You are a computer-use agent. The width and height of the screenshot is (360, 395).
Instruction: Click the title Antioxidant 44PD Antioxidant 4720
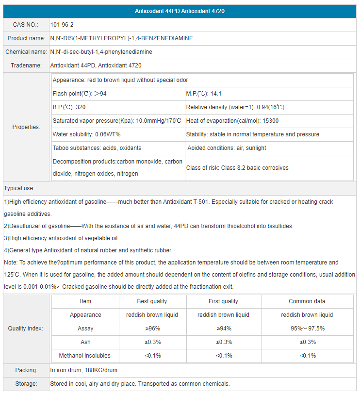point(180,11)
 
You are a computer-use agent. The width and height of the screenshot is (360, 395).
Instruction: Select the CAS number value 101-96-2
point(62,25)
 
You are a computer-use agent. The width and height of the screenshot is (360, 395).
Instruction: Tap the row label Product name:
point(26,38)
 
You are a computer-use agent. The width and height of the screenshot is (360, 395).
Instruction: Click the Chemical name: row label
point(26,52)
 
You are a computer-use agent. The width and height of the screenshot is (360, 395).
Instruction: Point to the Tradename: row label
point(26,66)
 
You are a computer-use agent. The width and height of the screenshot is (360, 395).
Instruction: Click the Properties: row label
point(26,127)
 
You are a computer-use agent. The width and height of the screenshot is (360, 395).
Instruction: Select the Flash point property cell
point(80,94)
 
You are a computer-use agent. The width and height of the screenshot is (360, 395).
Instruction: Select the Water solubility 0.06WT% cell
point(86,134)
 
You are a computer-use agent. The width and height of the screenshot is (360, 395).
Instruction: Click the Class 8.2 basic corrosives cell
point(237,168)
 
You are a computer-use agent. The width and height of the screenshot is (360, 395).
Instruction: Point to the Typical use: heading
point(19,188)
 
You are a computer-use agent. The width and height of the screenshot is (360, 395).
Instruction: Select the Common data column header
point(307,301)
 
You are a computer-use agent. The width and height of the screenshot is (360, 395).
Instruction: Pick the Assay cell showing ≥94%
point(223,329)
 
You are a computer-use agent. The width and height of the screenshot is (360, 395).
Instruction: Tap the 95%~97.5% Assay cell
point(307,329)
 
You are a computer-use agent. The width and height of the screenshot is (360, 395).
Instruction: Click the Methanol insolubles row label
point(85,356)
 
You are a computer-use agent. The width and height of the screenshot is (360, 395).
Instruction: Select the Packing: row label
point(26,370)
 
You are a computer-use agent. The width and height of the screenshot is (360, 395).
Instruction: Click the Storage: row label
point(26,384)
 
